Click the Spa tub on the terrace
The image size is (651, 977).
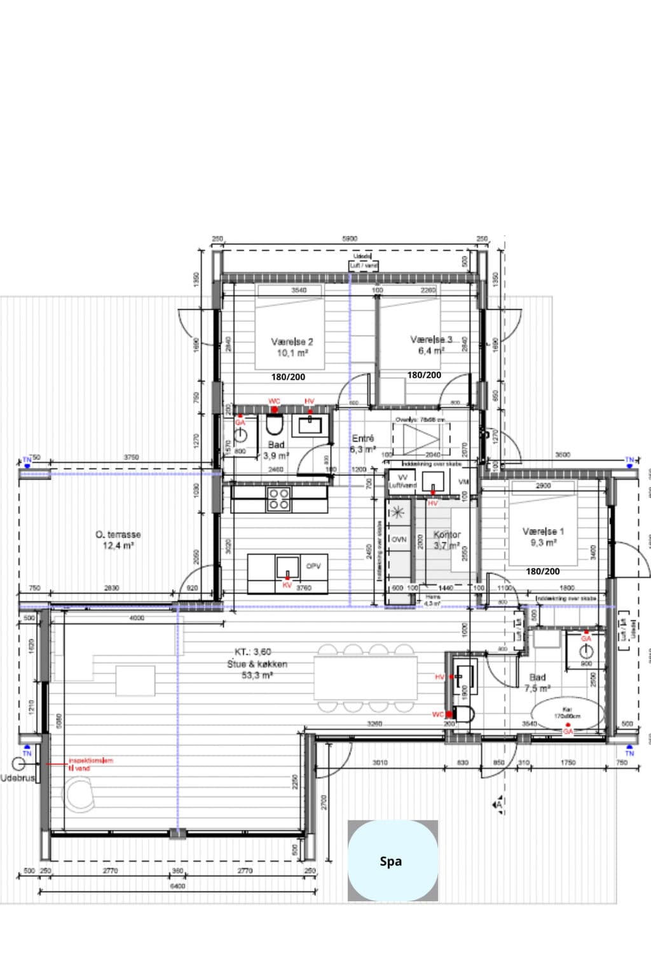[392, 861]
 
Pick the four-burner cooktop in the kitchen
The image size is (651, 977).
[278, 499]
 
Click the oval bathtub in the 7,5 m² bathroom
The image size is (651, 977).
[567, 715]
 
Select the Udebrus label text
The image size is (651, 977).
[17, 778]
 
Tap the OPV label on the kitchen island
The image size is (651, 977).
[313, 566]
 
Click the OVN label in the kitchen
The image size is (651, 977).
[399, 539]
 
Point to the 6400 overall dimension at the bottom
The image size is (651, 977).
[177, 886]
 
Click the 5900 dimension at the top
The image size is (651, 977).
[350, 239]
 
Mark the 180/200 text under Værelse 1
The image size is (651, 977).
[543, 571]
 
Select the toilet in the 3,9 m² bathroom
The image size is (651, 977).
[275, 424]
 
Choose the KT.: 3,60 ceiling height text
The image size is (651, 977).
[253, 652]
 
